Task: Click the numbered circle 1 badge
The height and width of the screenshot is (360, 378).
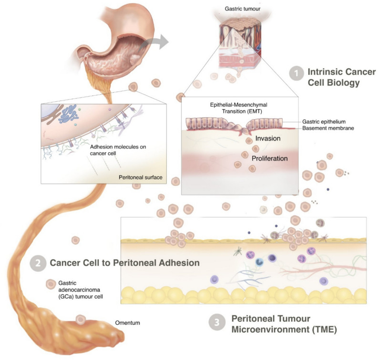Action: [x=296, y=73]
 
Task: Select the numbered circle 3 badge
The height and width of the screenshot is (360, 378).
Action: [x=216, y=322]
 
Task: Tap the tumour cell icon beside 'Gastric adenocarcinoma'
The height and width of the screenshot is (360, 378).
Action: [x=50, y=284]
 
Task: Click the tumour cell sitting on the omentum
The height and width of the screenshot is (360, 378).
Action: [x=81, y=320]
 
